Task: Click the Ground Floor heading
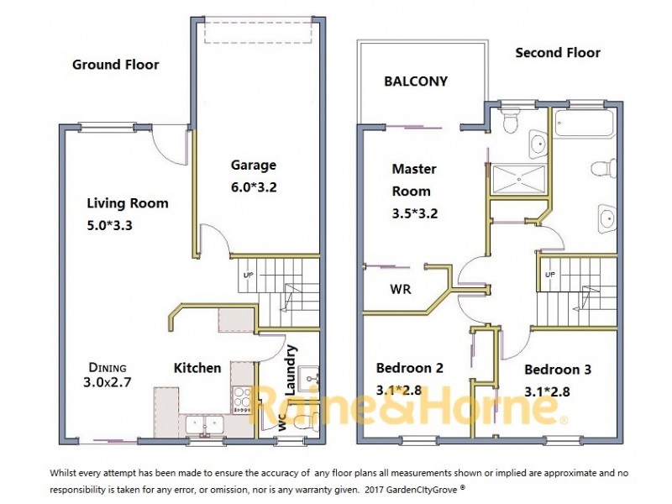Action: point(115,65)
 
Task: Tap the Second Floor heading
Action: point(558,53)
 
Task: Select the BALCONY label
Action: point(416,81)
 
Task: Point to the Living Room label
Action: point(128,202)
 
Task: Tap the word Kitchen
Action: point(197,368)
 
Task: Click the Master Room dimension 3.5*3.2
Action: point(416,213)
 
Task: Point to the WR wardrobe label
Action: point(400,289)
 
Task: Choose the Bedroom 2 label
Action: point(409,368)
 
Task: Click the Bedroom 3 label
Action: point(558,370)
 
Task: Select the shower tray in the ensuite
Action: point(518,178)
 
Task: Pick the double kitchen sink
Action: point(204,424)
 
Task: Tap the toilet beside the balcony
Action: point(509,123)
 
